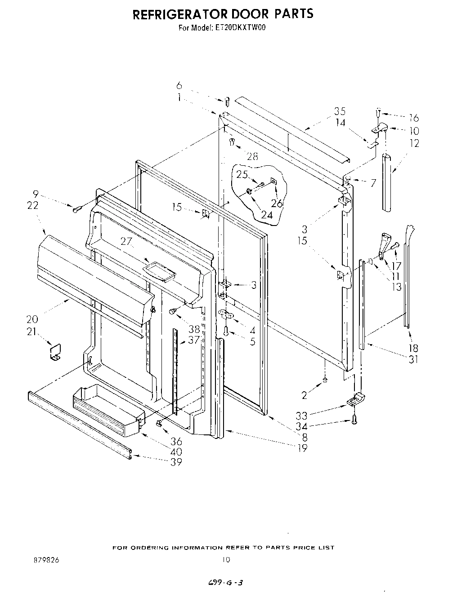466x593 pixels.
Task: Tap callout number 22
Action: pos(33,205)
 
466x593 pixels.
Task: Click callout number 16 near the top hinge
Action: pos(413,118)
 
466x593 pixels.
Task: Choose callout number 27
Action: pos(126,241)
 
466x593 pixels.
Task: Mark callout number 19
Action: pos(302,447)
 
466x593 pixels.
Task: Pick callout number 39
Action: pos(176,462)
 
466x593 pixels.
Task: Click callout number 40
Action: pos(176,452)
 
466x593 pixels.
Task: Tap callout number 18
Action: pos(413,348)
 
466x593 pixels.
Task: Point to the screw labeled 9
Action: pos(76,208)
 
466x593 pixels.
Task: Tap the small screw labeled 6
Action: pos(227,102)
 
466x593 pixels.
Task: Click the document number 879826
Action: pos(46,560)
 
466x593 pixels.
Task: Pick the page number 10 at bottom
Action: pos(226,560)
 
